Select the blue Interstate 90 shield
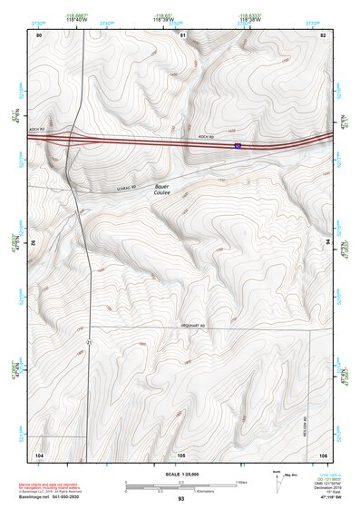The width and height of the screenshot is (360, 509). [238, 144]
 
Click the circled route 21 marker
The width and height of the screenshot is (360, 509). [90, 341]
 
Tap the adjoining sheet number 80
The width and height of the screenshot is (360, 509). [39, 34]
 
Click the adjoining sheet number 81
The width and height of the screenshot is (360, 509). [182, 34]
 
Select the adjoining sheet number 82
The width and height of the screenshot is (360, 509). [323, 34]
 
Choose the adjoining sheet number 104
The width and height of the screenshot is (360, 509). [39, 454]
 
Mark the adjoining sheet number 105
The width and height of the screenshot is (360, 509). [181, 454]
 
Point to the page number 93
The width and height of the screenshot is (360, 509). [181, 499]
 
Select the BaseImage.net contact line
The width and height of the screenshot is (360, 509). [67, 496]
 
